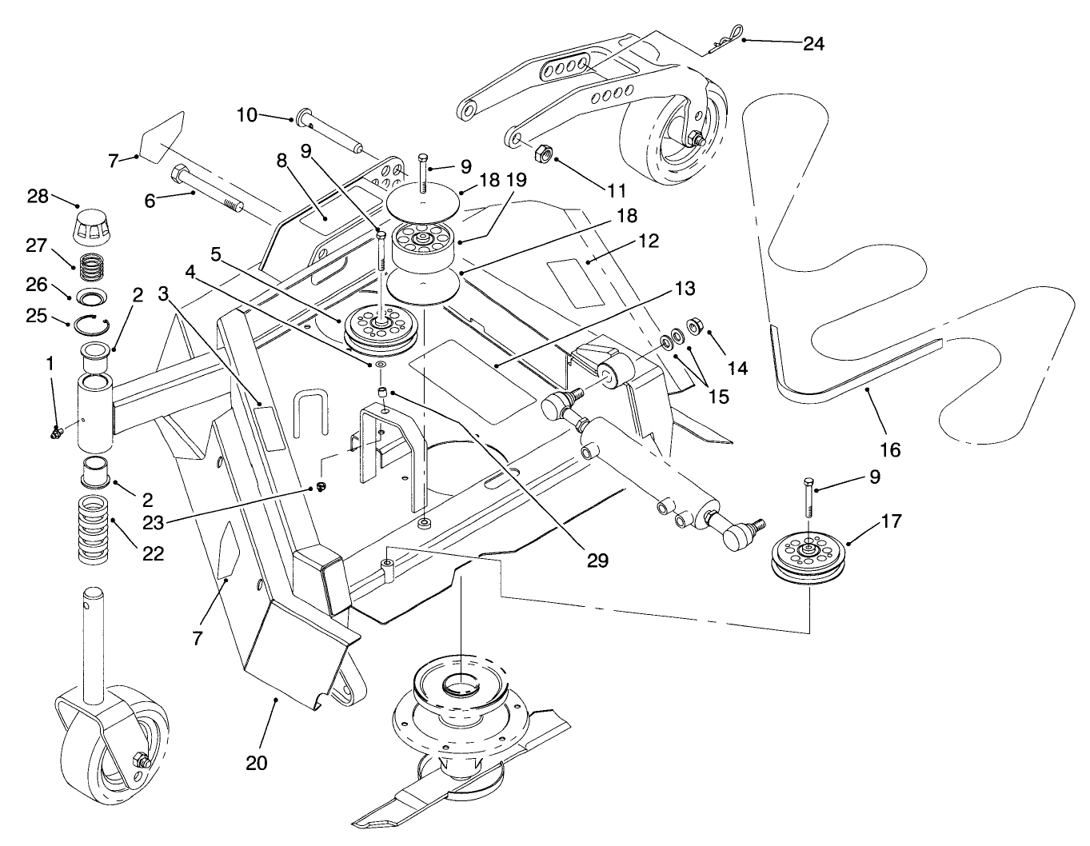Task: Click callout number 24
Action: pyautogui.click(x=813, y=44)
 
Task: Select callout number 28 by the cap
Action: pyautogui.click(x=60, y=196)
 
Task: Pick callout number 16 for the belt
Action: pyautogui.click(x=890, y=449)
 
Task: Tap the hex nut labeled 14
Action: pyautogui.click(x=695, y=326)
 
